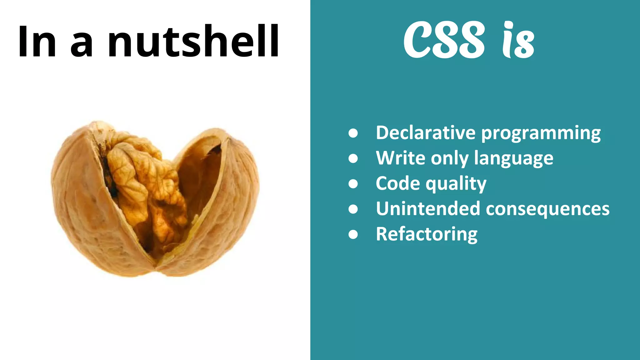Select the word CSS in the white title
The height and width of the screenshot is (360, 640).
444,40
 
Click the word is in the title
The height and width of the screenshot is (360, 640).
518,41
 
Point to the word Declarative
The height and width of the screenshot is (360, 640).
426,133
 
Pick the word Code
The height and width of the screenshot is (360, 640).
397,183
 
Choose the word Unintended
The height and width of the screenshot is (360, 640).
428,209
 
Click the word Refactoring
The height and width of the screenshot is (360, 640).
427,234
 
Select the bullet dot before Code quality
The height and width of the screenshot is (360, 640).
353,184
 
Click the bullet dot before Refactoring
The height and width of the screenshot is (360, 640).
353,234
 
